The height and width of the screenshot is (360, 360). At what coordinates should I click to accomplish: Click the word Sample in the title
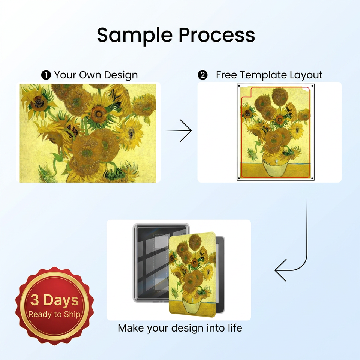coord(135,36)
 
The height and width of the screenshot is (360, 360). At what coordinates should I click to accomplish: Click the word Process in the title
coord(217,35)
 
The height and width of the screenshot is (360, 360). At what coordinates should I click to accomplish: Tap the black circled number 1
coord(46,75)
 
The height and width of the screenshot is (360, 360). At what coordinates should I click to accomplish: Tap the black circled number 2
coord(202,75)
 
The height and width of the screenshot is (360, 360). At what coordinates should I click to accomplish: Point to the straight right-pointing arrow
coord(179,130)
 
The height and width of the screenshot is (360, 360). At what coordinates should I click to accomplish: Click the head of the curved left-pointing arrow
coord(280,270)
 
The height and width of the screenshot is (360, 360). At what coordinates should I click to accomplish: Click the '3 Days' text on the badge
coord(54,300)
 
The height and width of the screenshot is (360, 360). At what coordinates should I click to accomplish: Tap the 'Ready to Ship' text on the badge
coord(54,314)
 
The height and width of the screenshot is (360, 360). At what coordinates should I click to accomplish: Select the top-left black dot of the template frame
coord(239,86)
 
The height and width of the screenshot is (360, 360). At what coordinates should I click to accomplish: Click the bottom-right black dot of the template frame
coord(312,178)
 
